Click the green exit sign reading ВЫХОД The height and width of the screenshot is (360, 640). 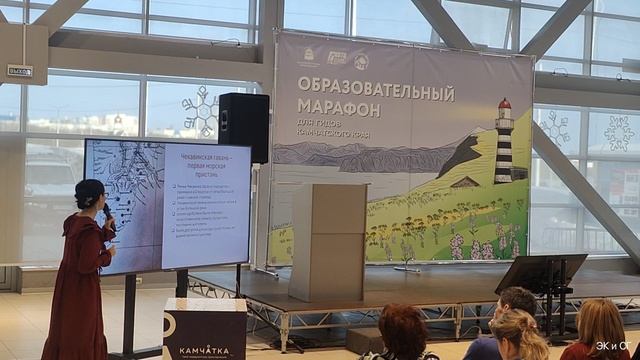[20, 71]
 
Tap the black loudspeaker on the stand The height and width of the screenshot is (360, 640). [243, 127]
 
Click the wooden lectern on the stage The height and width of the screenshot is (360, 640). [327, 241]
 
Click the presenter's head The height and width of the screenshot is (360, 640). [91, 195]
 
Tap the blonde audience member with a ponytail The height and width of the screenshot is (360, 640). [519, 334]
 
